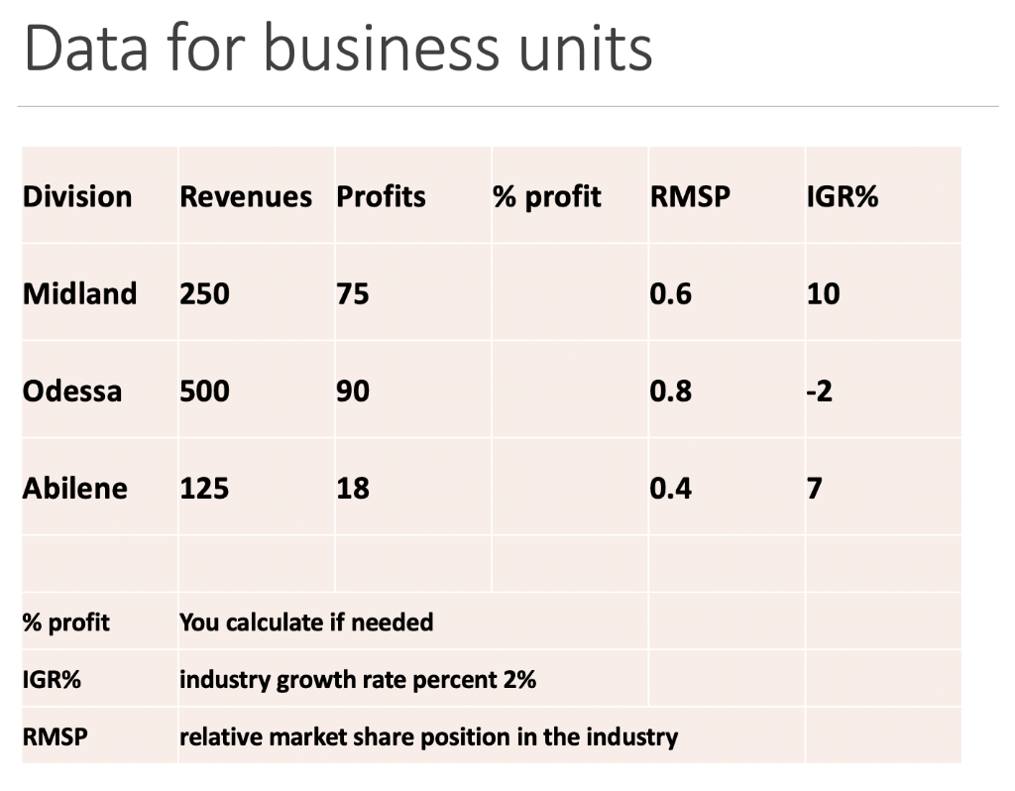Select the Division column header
click(77, 196)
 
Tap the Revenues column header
click(245, 196)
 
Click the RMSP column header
click(690, 196)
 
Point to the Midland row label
click(79, 293)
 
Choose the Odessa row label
click(72, 391)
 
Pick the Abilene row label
click(75, 488)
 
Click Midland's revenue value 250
click(204, 293)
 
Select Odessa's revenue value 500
click(204, 391)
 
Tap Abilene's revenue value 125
click(204, 488)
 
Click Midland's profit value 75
click(353, 293)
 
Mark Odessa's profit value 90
click(353, 391)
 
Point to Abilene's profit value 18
click(353, 488)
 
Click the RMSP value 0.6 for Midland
click(671, 293)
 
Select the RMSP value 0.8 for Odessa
click(671, 391)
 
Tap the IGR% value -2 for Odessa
click(820, 391)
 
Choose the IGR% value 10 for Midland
click(823, 293)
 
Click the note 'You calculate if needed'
click(306, 622)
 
